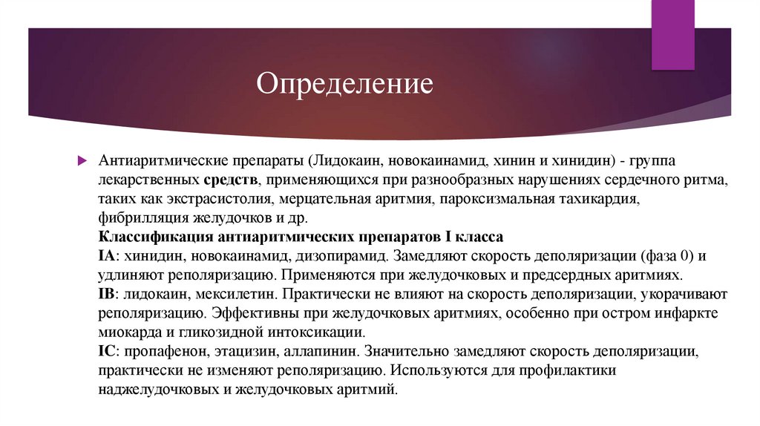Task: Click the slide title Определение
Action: click(344, 82)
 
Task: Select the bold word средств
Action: click(228, 180)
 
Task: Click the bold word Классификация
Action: click(156, 238)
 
